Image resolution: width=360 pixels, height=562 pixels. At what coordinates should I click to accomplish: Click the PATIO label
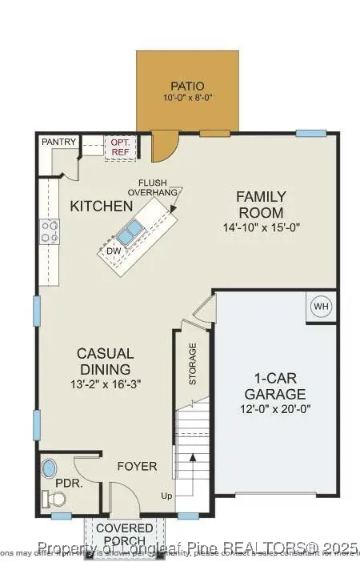tap(188, 86)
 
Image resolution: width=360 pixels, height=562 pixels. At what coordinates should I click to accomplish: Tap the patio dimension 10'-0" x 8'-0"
tap(188, 98)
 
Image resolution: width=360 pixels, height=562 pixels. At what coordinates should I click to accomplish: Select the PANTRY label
tap(58, 143)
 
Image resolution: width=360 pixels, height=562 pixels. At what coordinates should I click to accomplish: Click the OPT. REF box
tap(121, 147)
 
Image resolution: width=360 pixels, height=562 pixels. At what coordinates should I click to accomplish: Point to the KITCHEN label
tap(101, 207)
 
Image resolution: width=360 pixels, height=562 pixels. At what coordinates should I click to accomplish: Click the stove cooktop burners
tap(50, 231)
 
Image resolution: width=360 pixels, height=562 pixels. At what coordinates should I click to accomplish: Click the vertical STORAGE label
tap(192, 364)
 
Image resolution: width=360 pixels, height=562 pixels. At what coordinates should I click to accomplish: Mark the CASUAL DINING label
tap(104, 361)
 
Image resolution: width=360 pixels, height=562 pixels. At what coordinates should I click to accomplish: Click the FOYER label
tap(137, 467)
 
